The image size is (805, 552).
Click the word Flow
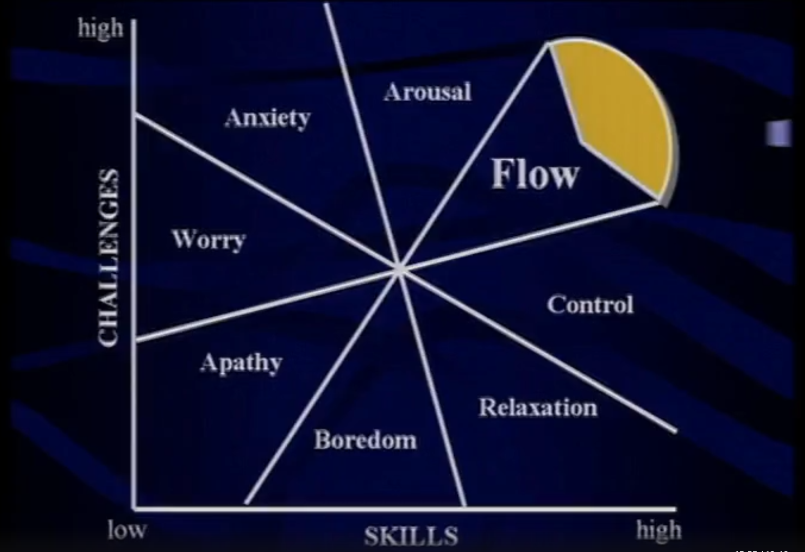535,174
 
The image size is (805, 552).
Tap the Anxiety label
267,117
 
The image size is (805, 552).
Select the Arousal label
427,92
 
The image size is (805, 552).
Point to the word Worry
209,240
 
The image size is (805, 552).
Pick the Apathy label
241,363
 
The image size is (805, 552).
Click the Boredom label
365,440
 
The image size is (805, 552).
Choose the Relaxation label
538,407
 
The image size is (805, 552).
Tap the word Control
590,305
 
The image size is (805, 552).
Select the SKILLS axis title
411,536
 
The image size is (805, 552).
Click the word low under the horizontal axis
127,529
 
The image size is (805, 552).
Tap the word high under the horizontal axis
658,529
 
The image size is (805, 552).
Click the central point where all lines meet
400,270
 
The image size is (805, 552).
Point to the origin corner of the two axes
134,509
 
